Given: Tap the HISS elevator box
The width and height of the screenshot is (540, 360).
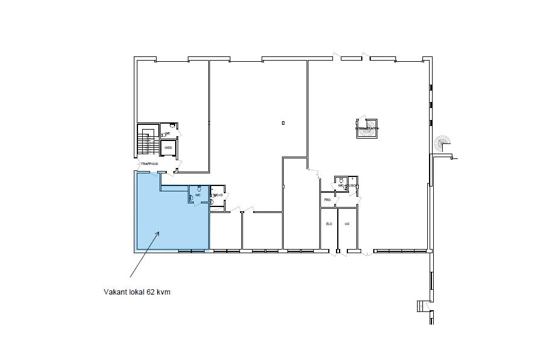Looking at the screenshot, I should pos(168,147).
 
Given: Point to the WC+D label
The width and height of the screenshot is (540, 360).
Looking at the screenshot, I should pos(218,196).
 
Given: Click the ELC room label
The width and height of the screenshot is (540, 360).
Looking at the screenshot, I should pos(328,224).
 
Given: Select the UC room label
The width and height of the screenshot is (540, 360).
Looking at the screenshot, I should pos(347,224).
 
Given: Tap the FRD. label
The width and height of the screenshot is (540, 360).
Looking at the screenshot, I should pos(328,199).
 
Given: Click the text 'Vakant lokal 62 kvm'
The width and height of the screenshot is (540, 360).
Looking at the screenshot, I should pos(142,292).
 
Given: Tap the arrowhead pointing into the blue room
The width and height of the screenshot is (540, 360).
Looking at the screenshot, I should pos(158,233).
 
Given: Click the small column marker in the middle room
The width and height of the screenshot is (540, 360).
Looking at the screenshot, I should pos(283,123).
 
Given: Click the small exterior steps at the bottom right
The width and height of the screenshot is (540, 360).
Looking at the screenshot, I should pos(422,307).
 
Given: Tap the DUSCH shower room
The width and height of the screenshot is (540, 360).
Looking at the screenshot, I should pos(353,186).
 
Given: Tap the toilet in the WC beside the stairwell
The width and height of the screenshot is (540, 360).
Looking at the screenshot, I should pos(172,125).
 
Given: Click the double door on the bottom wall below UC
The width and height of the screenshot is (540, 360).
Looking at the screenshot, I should pos(341,252).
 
